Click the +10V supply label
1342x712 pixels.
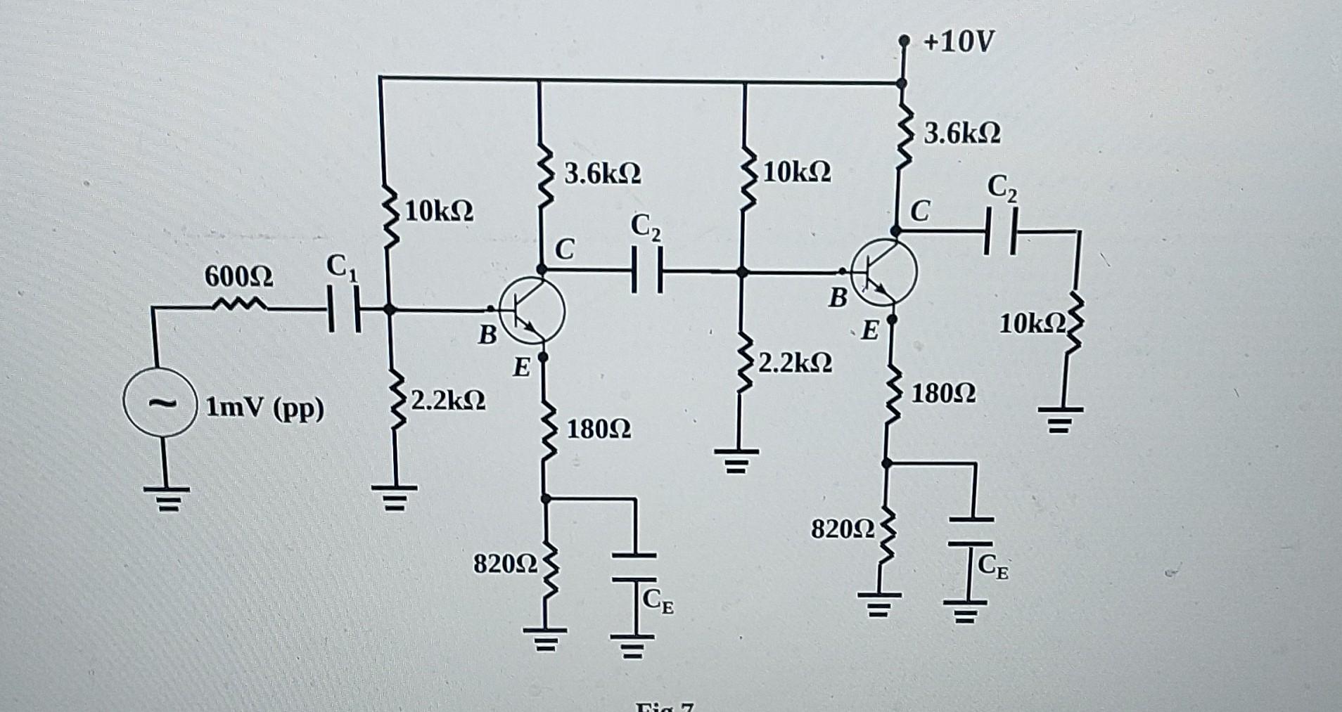[959, 44]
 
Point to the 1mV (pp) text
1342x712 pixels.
[266, 408]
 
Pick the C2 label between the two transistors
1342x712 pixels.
[646, 226]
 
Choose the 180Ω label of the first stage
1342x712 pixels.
[599, 429]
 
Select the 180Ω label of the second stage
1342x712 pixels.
[943, 394]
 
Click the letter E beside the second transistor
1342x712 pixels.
[870, 330]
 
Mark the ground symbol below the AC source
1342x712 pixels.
[167, 497]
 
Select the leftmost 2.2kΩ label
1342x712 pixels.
[448, 401]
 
